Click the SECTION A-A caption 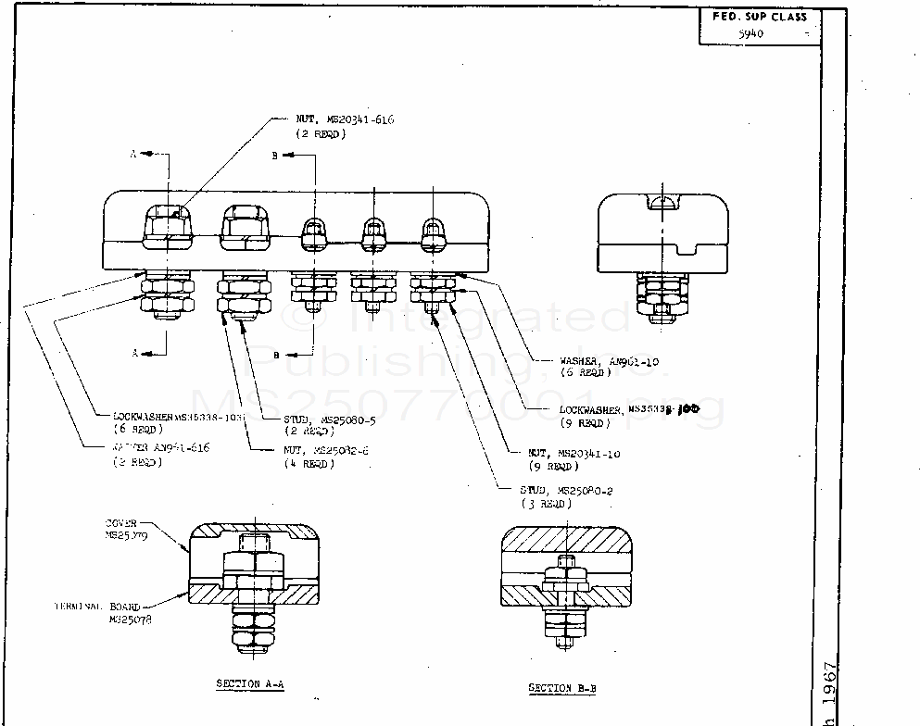pos(249,683)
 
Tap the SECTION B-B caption pos(562,688)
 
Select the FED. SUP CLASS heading pos(759,17)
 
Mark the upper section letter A pos(133,155)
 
